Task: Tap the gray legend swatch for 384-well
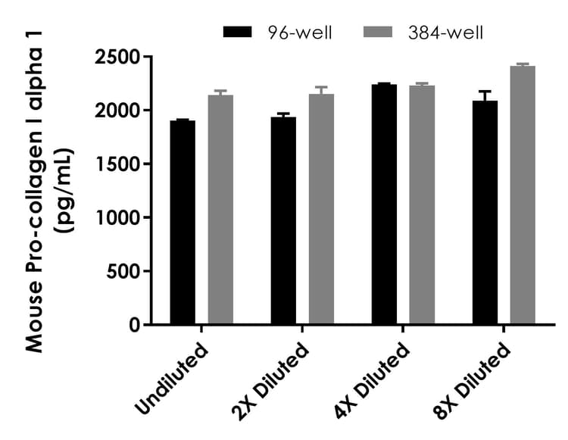(382, 32)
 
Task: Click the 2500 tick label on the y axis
(118, 58)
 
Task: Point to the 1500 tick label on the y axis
(118, 164)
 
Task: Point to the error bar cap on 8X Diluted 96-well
(485, 92)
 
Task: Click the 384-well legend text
(444, 32)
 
